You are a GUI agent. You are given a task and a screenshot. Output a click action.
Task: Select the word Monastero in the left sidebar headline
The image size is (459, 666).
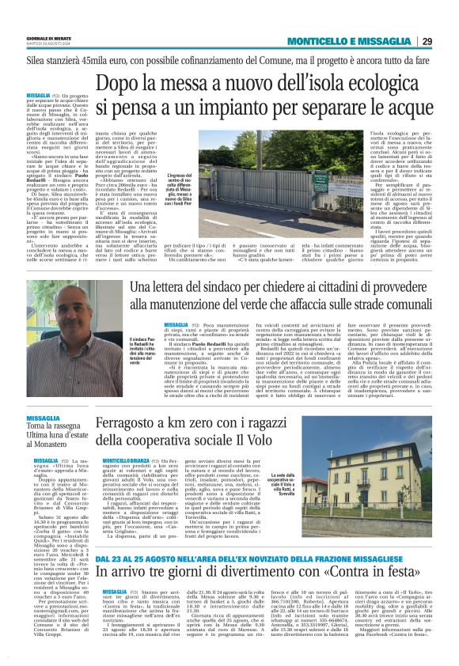click(50, 444)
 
